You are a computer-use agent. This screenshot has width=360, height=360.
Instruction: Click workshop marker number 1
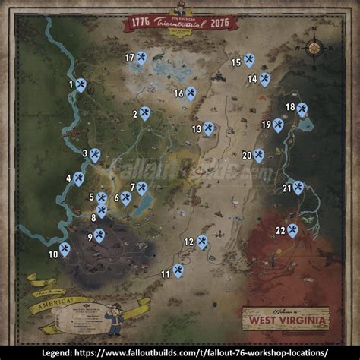(x=81, y=86)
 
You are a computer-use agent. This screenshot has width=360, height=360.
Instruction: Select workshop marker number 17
(x=142, y=58)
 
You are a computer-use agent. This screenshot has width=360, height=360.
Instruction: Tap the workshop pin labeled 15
(x=249, y=60)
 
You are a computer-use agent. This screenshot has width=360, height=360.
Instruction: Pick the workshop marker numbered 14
(x=264, y=78)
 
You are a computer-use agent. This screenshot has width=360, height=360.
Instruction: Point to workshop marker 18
(x=302, y=110)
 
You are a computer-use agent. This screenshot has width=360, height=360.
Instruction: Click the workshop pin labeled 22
(x=292, y=230)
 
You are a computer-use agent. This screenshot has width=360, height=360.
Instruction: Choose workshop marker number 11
(x=178, y=270)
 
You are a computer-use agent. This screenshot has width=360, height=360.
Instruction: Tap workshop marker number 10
(x=65, y=248)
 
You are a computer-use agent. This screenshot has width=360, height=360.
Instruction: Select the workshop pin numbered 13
(x=208, y=128)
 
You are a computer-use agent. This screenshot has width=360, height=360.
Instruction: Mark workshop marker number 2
(x=145, y=114)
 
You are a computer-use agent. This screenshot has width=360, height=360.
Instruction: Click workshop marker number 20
(x=258, y=155)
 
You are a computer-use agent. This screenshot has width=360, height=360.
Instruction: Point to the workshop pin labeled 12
(x=202, y=242)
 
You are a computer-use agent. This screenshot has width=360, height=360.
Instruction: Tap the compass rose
(x=314, y=49)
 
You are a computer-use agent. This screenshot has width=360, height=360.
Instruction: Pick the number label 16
(x=178, y=93)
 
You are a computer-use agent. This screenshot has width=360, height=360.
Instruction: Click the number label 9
(x=90, y=237)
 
